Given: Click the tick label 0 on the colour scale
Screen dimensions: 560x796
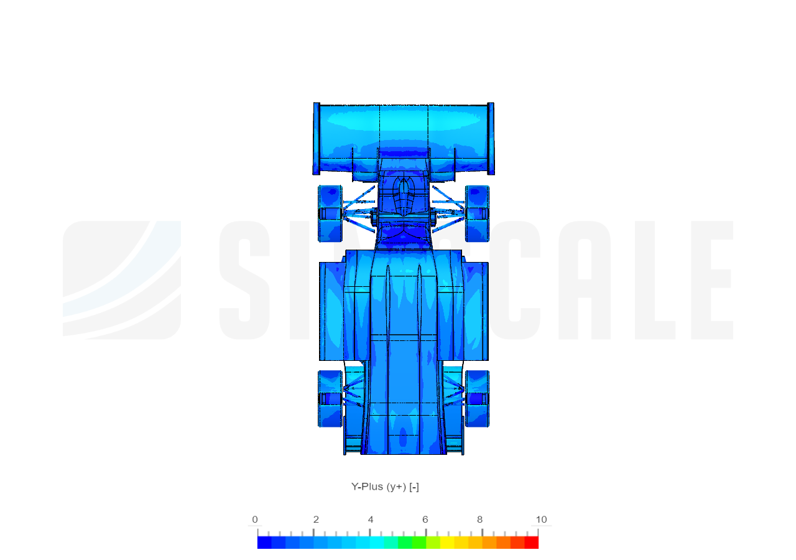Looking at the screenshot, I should (x=254, y=520).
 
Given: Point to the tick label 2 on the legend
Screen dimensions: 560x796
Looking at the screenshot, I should (x=316, y=520).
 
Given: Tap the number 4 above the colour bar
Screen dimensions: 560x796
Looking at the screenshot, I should (x=371, y=520).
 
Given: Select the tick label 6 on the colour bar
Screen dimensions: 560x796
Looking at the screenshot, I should (x=425, y=520).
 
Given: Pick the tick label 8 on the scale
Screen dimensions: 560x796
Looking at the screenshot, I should (x=479, y=520).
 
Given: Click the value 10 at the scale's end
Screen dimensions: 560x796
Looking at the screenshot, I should (x=541, y=520).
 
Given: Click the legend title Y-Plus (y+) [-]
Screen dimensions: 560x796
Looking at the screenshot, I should (x=385, y=487).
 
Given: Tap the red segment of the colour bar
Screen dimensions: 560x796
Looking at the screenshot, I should (x=531, y=543).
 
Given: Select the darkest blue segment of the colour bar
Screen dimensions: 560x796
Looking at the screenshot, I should (x=264, y=543).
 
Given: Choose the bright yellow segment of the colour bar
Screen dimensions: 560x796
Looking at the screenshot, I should (x=447, y=543).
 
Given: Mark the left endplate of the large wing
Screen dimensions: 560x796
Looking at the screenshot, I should (x=316, y=138).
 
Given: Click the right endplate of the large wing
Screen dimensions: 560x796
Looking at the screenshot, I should (x=491, y=138).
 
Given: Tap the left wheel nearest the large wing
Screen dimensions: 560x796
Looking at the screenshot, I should (x=330, y=213).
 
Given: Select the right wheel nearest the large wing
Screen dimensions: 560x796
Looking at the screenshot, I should (x=477, y=213).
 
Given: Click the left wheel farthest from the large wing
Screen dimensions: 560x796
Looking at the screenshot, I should (x=330, y=399).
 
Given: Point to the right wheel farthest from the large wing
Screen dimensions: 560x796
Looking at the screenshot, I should (x=477, y=399).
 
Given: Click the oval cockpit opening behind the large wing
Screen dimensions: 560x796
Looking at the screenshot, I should (x=404, y=196).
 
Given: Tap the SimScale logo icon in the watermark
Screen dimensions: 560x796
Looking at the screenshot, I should (x=122, y=280).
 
